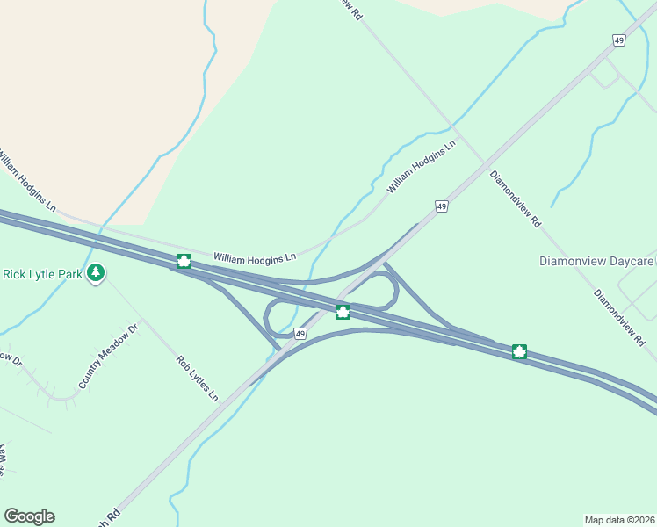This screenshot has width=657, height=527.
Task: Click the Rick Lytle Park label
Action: point(42,274)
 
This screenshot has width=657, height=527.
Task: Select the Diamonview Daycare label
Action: point(596,261)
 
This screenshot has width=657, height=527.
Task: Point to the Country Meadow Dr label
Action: point(109,357)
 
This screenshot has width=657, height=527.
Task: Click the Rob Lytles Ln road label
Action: point(197,378)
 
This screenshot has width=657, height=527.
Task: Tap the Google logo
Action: point(29,516)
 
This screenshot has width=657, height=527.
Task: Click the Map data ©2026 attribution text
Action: point(619,519)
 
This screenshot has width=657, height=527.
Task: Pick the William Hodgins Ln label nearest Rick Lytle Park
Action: point(25,183)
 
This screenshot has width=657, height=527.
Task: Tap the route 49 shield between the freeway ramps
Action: point(300,334)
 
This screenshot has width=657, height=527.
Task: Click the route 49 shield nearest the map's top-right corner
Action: point(620,41)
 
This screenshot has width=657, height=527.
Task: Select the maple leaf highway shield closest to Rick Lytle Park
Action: point(184,261)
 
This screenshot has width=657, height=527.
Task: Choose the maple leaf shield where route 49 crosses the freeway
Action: point(343,312)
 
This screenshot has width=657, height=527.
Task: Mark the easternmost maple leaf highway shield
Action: point(519,352)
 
